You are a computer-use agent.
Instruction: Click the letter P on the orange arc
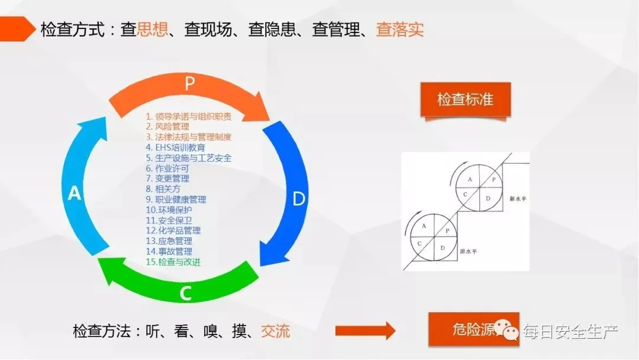[189, 83]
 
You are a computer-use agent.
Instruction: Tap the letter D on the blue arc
[299, 199]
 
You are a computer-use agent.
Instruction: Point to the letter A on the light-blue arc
[75, 193]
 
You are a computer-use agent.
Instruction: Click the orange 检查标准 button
[465, 99]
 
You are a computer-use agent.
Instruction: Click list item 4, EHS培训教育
[176, 147]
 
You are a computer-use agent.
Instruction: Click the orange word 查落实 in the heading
[400, 30]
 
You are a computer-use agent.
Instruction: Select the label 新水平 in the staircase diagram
[518, 200]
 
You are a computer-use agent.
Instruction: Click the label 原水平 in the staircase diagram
[467, 250]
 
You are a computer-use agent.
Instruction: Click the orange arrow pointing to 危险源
[365, 330]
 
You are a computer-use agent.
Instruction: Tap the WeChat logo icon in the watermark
[508, 330]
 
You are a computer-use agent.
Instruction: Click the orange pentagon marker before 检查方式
[18, 28]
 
